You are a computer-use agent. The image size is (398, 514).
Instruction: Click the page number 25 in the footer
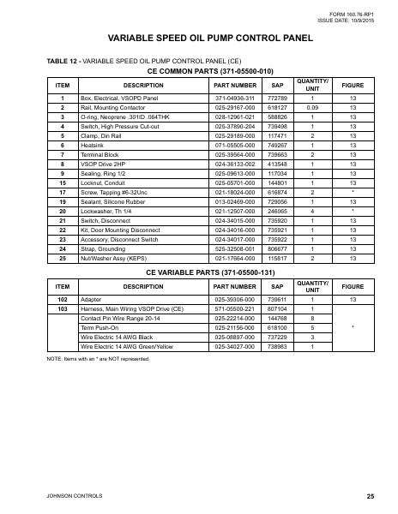click(x=370, y=496)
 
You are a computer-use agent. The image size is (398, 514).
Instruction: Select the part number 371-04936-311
click(x=234, y=99)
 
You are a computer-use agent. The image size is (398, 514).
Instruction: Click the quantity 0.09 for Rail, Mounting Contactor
click(x=313, y=109)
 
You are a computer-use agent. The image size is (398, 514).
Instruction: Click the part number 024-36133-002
click(x=234, y=163)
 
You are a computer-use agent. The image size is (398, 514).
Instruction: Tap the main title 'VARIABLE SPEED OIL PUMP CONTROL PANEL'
click(x=199, y=39)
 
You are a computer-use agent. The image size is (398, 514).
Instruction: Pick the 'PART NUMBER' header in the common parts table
click(x=234, y=86)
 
